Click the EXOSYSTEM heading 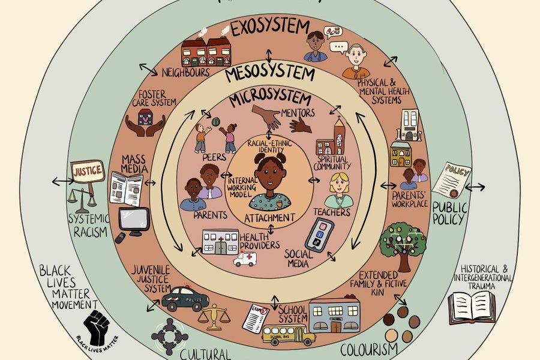(x=270, y=27)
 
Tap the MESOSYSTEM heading (x=270, y=74)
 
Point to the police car (x=185, y=298)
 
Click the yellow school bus (x=289, y=334)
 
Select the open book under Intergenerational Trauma (x=472, y=307)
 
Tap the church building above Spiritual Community (x=332, y=139)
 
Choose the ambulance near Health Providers (x=245, y=259)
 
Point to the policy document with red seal (x=451, y=181)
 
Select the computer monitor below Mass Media (x=134, y=220)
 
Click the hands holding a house (x=146, y=124)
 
